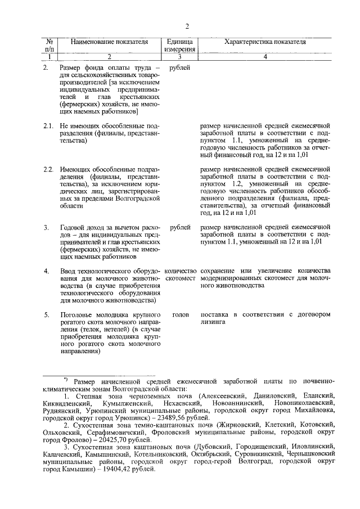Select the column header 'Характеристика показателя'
pos(265,42)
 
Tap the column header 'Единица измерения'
pos(179,46)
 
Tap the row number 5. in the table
pos(47,314)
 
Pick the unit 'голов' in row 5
pos(179,314)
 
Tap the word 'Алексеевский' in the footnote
pos(228,397)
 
